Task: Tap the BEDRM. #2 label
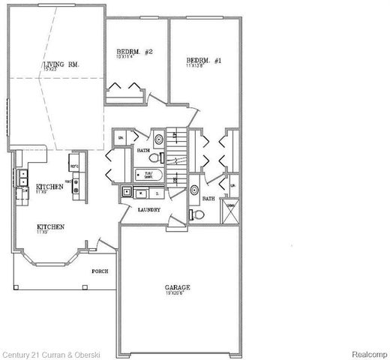pyautogui.click(x=135, y=52)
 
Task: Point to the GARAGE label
pyautogui.click(x=178, y=287)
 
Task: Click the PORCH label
pyautogui.click(x=99, y=271)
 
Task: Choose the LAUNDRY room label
pyautogui.click(x=149, y=209)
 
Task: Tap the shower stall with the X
pyautogui.click(x=231, y=211)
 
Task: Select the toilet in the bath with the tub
pyautogui.click(x=154, y=158)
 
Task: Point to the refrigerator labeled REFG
pyautogui.click(x=75, y=162)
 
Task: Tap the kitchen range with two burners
pyautogui.click(x=76, y=187)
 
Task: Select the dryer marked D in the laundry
pyautogui.click(x=156, y=193)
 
